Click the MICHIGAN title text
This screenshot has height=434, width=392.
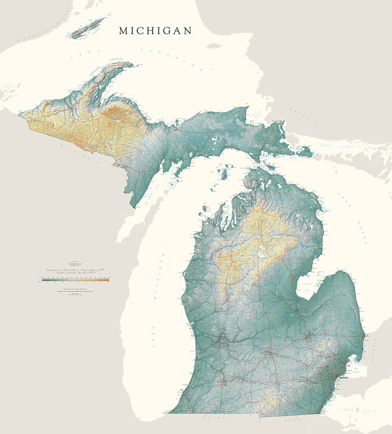tap(155, 31)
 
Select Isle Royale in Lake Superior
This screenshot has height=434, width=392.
tap(87, 27)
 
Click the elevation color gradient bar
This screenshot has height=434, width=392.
tap(75, 279)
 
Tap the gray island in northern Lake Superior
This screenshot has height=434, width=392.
tap(214, 46)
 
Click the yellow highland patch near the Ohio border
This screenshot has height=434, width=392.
tap(271, 402)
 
